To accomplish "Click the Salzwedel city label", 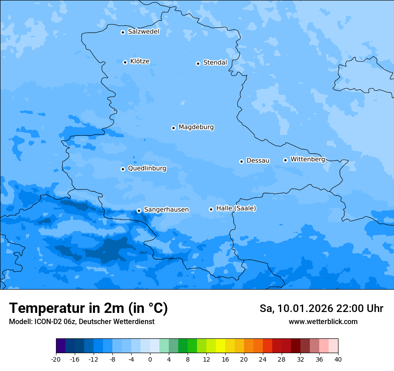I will tap(143, 32).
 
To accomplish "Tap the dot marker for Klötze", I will tap(125, 62).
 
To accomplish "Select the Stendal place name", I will tap(215, 63).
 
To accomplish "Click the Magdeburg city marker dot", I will tap(173, 128).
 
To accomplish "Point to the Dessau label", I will tap(258, 160).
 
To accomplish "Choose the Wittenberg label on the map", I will tap(308, 159).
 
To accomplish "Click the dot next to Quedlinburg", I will tap(123, 169).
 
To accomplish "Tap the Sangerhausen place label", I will tap(166, 210).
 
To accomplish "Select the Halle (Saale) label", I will tap(236, 208).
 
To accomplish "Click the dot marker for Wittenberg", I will tap(285, 160).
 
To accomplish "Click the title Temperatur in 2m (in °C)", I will tap(88, 308).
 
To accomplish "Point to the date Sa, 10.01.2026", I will tap(295, 308).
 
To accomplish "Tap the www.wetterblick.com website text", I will tap(323, 321).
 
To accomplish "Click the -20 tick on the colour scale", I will tap(56, 359).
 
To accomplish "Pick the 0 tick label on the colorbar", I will tap(150, 359).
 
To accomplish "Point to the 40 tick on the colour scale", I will tap(338, 359).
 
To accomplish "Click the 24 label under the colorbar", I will tap(263, 359).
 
